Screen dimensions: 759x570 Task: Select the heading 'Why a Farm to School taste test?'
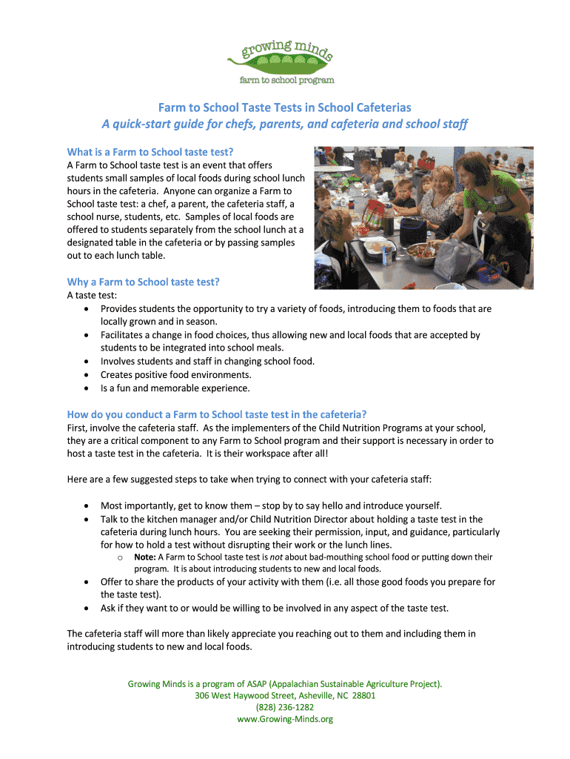(x=144, y=282)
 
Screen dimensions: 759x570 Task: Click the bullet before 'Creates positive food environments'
(x=88, y=375)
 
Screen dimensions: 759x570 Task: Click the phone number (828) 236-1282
(x=285, y=707)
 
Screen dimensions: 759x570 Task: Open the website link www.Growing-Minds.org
(x=285, y=719)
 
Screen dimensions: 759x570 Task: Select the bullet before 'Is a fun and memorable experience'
(x=88, y=388)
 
